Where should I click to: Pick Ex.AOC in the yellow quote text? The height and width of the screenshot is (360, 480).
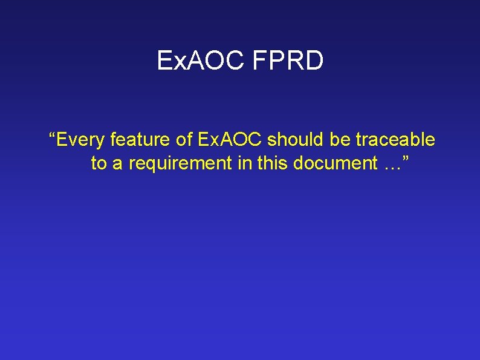[x=230, y=140]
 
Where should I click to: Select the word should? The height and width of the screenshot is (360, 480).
[x=296, y=140]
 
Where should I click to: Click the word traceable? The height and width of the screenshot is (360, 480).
[x=395, y=140]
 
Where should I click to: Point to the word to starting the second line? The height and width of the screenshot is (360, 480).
[x=98, y=163]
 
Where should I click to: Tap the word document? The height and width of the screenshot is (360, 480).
[x=330, y=163]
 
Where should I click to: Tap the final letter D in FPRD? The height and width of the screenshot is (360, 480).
[x=314, y=61]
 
